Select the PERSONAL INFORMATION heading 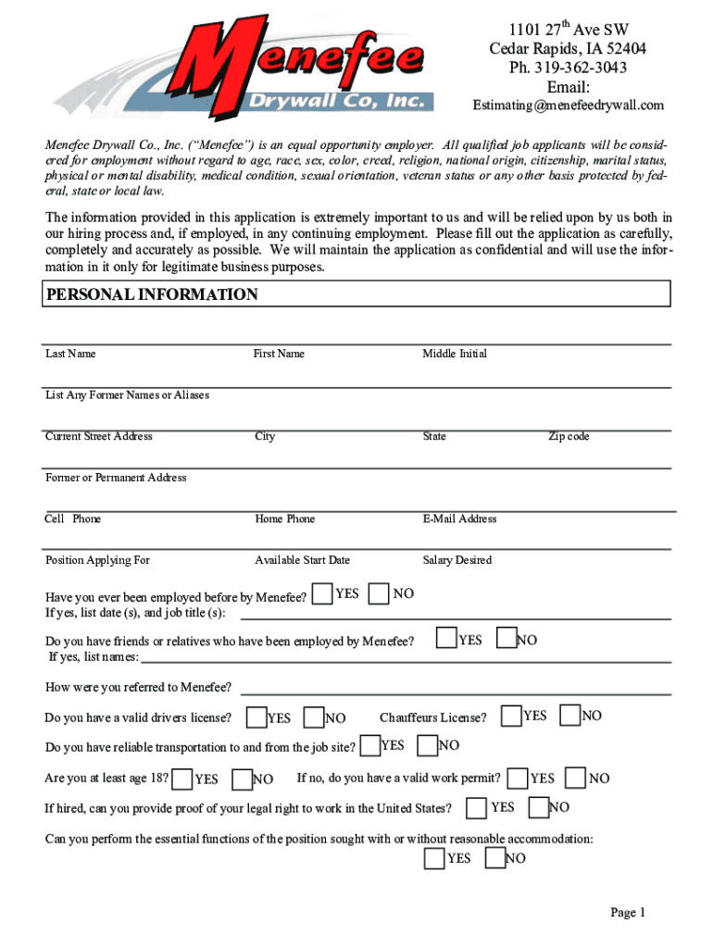(x=152, y=295)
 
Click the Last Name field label (x=70, y=354)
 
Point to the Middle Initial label (x=455, y=354)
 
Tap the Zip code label (x=569, y=436)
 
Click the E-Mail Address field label (x=459, y=518)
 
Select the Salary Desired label (x=457, y=560)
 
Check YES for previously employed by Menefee (x=322, y=594)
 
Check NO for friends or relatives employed (x=507, y=638)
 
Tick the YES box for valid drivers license (x=256, y=717)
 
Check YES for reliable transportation (x=370, y=745)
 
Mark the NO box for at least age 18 (x=243, y=779)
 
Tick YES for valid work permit (x=519, y=779)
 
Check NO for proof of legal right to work (x=538, y=807)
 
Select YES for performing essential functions (x=434, y=858)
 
